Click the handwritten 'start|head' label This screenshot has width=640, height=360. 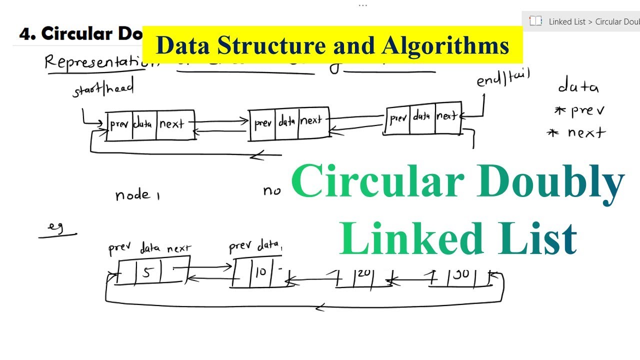click(x=103, y=90)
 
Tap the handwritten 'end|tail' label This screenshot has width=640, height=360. click(x=503, y=78)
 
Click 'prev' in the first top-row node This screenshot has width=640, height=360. click(x=119, y=124)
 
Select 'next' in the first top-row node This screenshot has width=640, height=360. click(x=171, y=124)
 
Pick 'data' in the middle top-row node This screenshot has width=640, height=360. click(x=287, y=121)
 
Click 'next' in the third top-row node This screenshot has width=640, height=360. click(x=446, y=116)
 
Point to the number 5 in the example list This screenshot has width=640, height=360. click(x=146, y=272)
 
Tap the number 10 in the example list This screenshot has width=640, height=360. click(x=260, y=272)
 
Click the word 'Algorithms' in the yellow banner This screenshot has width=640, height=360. click(x=445, y=46)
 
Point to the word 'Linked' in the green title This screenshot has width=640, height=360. click(x=412, y=239)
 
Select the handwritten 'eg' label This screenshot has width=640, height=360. click(x=55, y=227)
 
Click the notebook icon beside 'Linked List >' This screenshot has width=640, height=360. click(x=535, y=21)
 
